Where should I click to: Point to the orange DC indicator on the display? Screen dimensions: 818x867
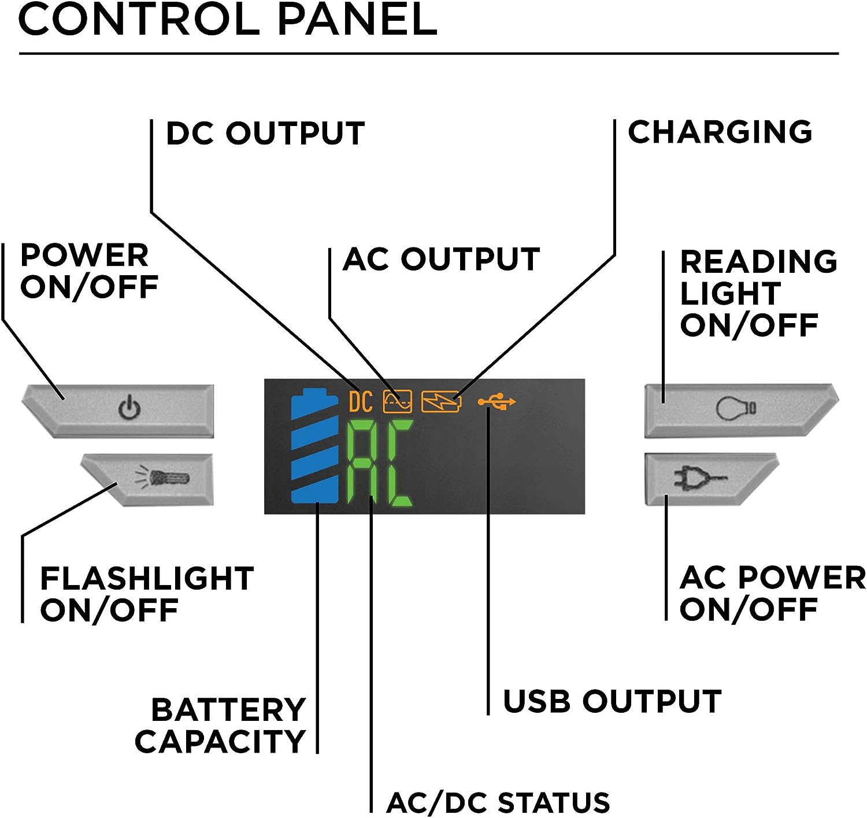point(361,401)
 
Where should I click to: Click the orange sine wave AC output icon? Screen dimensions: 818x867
point(398,401)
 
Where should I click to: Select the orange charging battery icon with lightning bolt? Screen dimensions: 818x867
point(441,402)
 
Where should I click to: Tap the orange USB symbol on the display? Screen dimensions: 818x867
point(497,401)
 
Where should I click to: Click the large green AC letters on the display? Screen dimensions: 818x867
point(380,464)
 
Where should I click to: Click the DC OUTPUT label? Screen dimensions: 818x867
point(265,134)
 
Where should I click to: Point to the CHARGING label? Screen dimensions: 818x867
point(720,132)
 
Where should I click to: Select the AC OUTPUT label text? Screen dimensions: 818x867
point(441,259)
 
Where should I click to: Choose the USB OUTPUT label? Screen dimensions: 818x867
point(612,701)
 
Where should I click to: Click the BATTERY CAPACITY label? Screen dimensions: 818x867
point(221,726)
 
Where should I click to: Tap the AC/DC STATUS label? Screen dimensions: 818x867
point(498,802)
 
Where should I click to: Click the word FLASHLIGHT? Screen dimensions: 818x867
point(147,578)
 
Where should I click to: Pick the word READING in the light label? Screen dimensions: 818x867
point(758,261)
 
